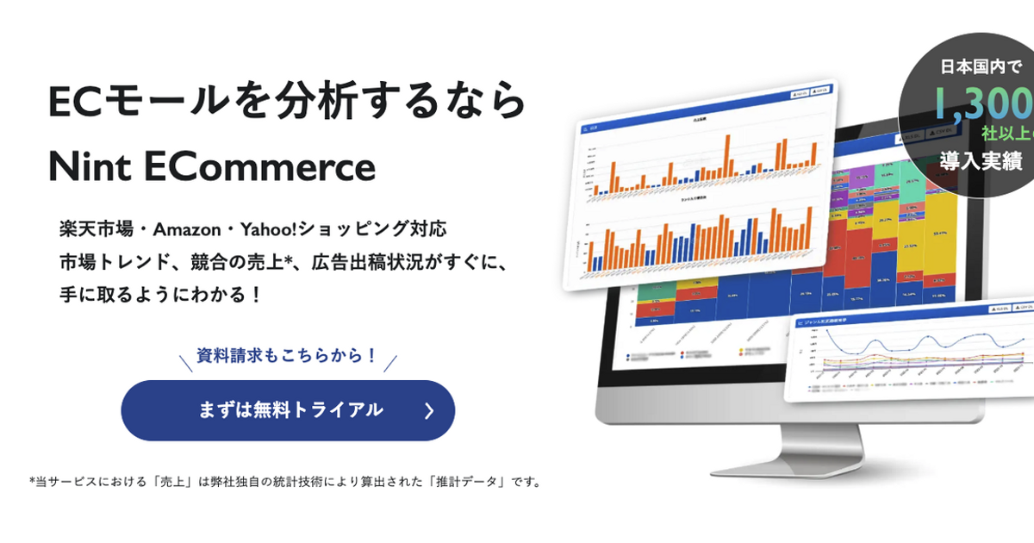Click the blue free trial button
coord(288,410)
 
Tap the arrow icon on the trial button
coord(429,411)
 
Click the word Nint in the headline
coord(89,166)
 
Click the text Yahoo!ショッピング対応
coord(337,230)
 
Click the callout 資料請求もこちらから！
coord(288,354)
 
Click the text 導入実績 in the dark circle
coord(981,161)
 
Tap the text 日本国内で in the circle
coord(980,66)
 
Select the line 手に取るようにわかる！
coord(160,294)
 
